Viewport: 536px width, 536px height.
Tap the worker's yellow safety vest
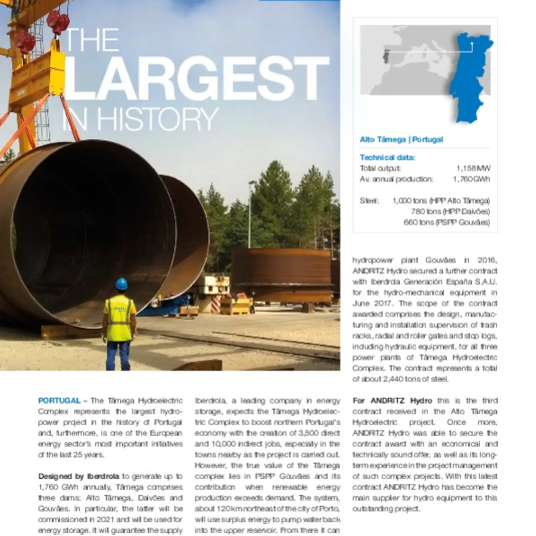pos(119,318)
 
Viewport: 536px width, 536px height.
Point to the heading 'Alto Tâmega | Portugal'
pos(401,139)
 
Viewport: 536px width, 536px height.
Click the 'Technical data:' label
pos(387,157)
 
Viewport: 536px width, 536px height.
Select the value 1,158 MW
pos(473,168)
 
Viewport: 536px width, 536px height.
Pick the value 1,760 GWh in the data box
pos(471,179)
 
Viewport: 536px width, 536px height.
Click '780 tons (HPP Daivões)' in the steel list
pos(450,212)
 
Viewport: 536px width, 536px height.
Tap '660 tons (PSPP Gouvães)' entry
pos(446,222)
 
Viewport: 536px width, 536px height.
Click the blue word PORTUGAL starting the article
pos(59,401)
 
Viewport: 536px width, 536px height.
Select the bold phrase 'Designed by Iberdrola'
pos(78,476)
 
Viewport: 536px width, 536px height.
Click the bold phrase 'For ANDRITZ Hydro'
pos(392,401)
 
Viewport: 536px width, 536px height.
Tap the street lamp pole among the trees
pos(250,212)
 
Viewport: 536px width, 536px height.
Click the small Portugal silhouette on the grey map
pos(386,57)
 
